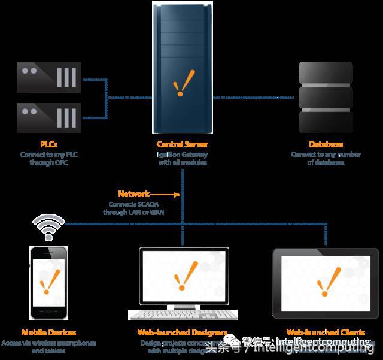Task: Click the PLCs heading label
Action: point(49,144)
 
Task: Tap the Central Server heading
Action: point(182,144)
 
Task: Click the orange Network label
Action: point(133,194)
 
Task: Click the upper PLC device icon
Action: point(48,78)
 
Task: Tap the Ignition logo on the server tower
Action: point(183,84)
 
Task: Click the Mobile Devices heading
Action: point(49,332)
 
